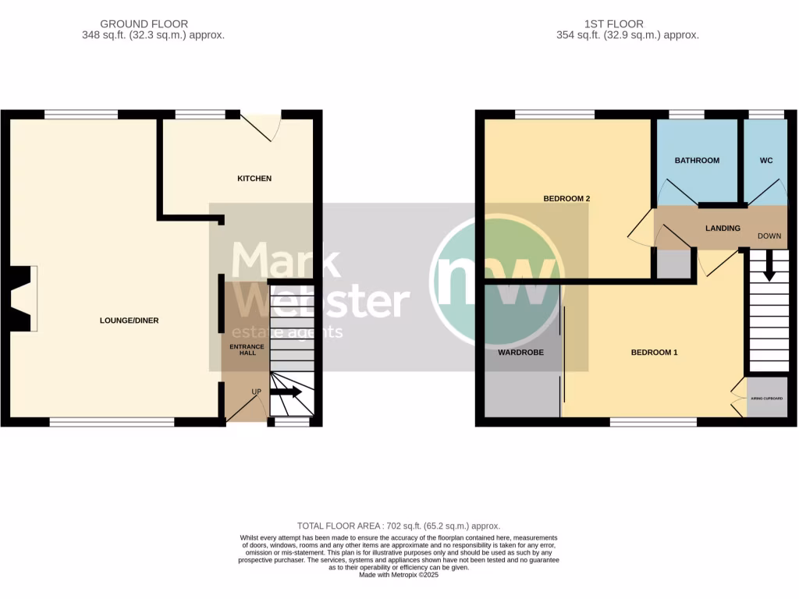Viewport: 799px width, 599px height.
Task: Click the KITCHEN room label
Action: coord(254,179)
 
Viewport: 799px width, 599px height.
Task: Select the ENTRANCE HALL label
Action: coord(247,349)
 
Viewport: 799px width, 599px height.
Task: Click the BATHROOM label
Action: coord(697,161)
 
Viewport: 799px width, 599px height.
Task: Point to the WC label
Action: coord(766,161)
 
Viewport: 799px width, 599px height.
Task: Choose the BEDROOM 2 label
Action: coord(566,199)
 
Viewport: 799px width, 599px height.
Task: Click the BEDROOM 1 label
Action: coord(654,353)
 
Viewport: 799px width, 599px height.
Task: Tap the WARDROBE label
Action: coord(520,353)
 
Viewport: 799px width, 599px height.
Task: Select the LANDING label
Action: coord(723,229)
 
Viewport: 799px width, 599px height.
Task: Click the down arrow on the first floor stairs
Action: coord(769,268)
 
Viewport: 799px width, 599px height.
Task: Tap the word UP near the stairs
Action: coord(256,392)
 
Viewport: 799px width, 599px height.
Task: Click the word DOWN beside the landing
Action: coord(769,236)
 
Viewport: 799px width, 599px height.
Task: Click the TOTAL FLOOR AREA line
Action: coord(399,526)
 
